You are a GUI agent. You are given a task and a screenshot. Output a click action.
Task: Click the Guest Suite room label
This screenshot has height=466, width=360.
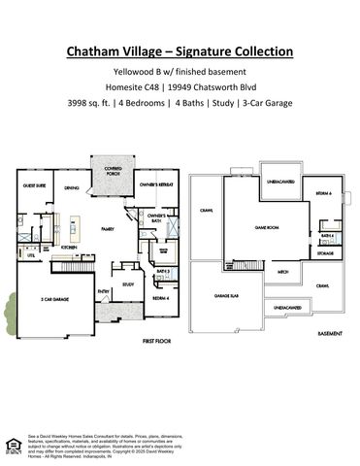click(36, 185)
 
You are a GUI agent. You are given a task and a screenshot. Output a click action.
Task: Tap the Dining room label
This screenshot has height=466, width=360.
click(72, 188)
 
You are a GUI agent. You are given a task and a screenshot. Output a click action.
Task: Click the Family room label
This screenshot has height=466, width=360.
click(107, 229)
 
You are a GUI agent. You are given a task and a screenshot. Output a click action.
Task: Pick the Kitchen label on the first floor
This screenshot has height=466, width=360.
click(69, 248)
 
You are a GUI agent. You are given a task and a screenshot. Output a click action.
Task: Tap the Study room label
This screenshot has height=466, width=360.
click(127, 284)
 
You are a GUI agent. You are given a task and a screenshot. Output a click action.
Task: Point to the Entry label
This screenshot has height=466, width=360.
click(102, 289)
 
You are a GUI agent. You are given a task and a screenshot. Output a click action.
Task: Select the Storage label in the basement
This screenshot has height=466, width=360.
click(325, 253)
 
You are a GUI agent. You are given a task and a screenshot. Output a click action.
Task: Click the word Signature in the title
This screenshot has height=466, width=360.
click(219, 50)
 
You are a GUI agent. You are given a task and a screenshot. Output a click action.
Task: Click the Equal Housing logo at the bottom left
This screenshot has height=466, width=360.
click(13, 444)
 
